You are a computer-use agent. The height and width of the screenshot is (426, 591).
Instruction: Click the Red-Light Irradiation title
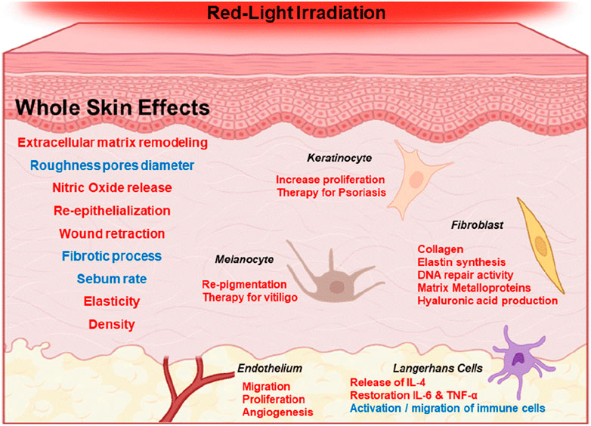(295, 13)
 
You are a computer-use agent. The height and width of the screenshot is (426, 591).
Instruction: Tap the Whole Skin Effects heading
(113, 108)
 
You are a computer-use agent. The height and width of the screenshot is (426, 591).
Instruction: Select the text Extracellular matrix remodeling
(113, 143)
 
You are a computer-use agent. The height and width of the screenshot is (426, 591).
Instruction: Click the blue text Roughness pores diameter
(113, 165)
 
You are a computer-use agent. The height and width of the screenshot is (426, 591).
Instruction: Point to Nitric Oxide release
(113, 188)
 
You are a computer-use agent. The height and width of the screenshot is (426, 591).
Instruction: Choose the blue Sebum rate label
(112, 279)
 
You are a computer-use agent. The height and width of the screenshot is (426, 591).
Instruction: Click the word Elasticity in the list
(112, 301)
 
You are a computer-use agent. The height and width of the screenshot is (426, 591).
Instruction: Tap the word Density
(112, 324)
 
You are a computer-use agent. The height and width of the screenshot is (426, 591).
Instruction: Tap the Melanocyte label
(243, 260)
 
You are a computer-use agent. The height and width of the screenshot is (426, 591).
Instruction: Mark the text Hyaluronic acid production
(487, 301)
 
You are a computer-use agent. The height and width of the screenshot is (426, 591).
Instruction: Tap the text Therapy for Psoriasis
(331, 193)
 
